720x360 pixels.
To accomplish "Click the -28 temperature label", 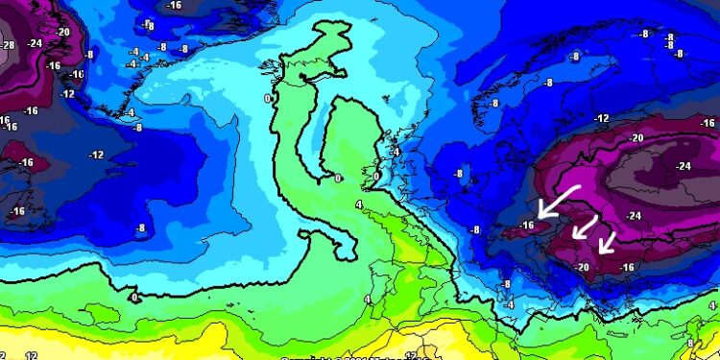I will point(9,45).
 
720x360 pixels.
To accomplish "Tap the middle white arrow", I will point(584,228).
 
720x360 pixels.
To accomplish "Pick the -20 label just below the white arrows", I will point(581,266).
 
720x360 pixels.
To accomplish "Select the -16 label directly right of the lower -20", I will point(627,266).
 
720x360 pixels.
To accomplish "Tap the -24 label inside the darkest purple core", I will point(684,165).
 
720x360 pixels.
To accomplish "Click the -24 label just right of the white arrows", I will point(633,215).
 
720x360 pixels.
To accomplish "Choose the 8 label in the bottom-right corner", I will point(689,343).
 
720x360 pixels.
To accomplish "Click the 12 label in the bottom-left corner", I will point(31,355).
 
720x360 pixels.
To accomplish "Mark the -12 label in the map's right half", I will point(602,118).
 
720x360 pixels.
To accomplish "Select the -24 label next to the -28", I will point(35,42).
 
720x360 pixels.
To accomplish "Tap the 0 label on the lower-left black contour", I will point(133,298).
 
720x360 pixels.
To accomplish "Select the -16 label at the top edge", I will point(174,5).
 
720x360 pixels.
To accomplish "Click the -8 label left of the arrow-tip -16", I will point(474,229).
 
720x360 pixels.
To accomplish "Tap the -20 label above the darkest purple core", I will point(636,137).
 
